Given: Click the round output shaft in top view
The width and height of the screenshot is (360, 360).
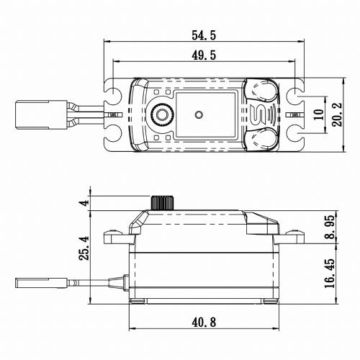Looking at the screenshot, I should click(x=163, y=114).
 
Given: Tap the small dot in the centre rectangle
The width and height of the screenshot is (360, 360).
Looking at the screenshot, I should click(x=197, y=113).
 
